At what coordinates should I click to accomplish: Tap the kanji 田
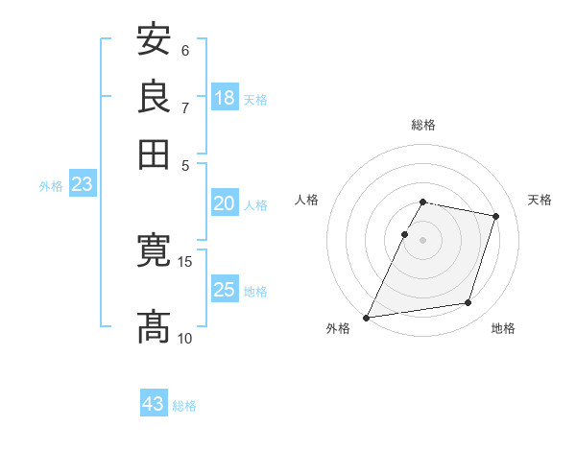coord(154,153)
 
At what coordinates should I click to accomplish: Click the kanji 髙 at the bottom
coord(154,327)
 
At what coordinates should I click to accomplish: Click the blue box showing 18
coord(225,98)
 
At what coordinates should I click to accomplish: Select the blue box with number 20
coord(225,203)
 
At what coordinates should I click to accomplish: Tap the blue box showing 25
coord(225,290)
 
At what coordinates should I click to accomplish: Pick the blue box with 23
coord(82,185)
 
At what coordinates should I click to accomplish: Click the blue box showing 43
coord(154,404)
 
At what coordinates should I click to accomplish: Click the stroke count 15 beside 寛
coord(185,261)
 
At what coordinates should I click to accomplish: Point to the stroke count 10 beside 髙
coord(185,338)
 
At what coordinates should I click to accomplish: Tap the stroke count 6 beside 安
coord(185,50)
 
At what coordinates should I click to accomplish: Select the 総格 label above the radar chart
coord(422,125)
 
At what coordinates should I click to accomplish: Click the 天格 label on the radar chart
coord(540,200)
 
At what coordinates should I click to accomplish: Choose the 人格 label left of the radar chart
coord(306,200)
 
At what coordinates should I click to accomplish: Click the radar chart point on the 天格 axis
coord(496,216)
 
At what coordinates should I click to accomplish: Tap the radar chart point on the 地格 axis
coord(468,303)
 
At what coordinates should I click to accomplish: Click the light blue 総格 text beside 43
coord(184,406)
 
